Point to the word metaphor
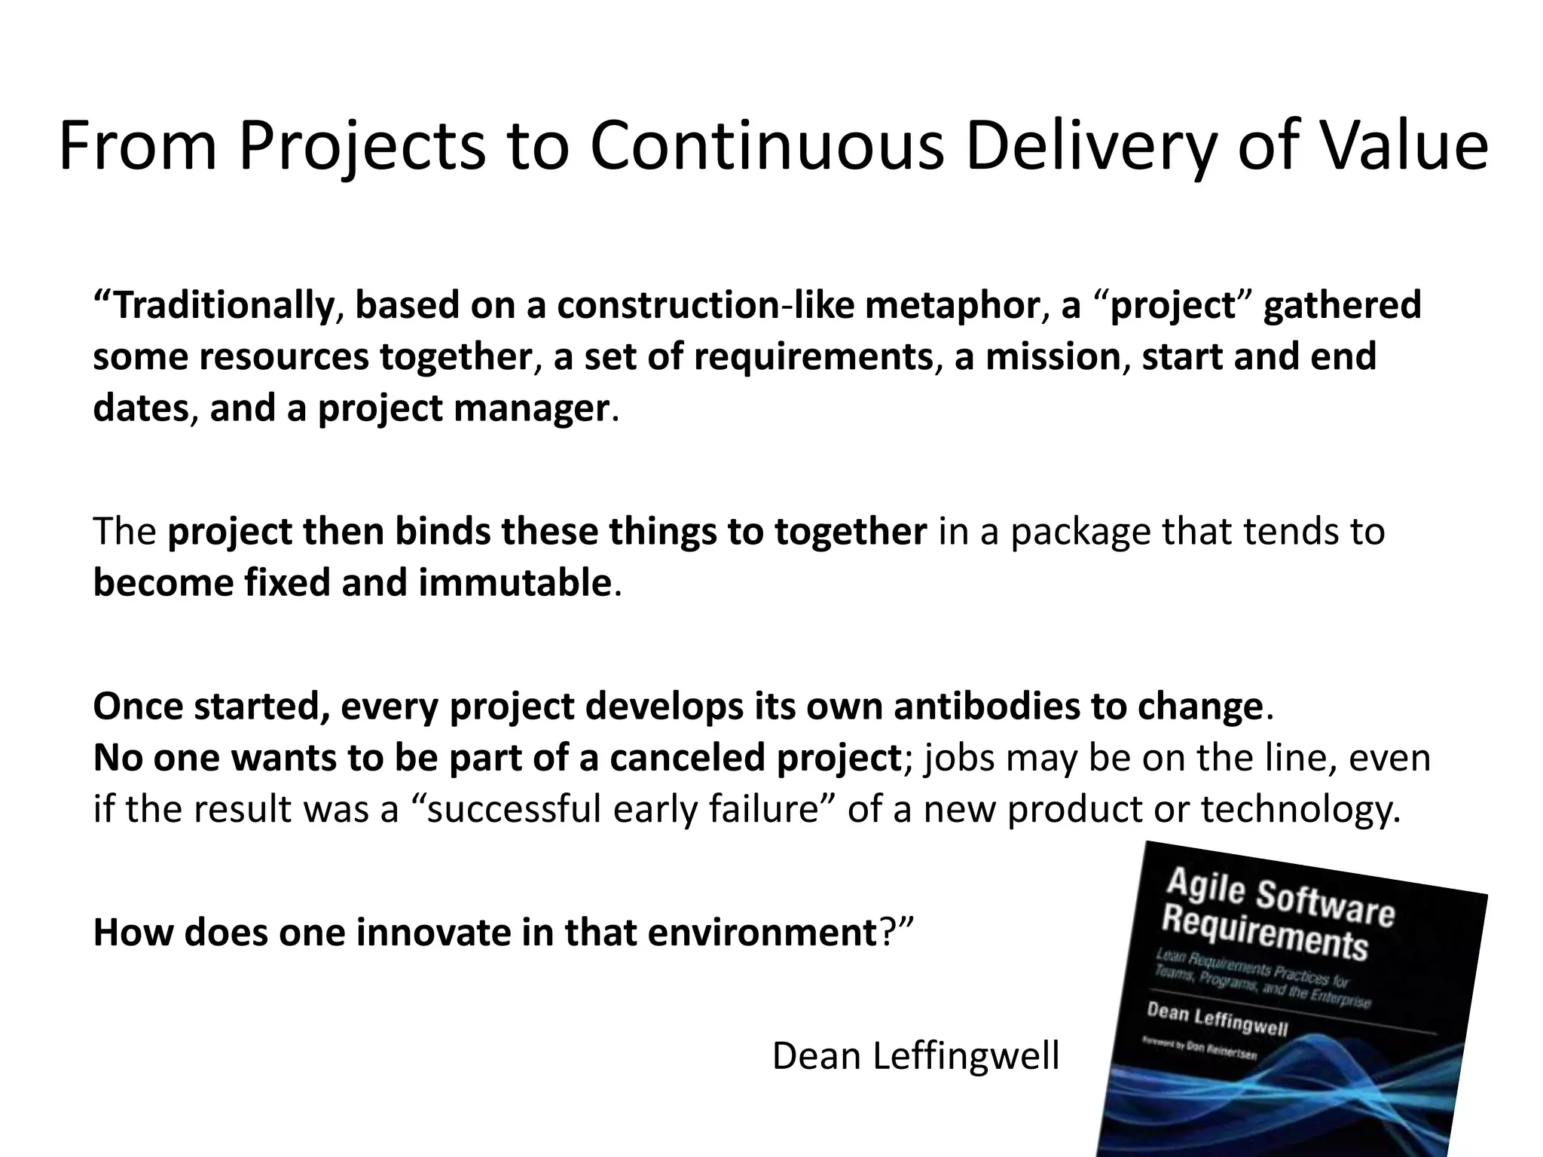(x=954, y=306)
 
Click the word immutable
(x=514, y=583)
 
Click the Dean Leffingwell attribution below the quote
(x=915, y=1056)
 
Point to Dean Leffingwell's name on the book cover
(x=1218, y=1018)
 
